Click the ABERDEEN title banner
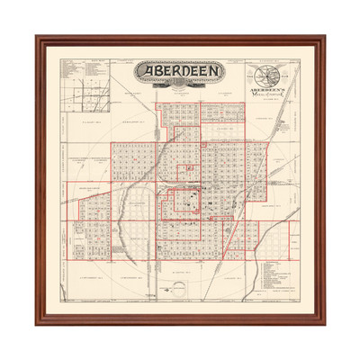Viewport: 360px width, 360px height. (180, 72)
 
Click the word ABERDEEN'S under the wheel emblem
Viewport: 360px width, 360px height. (271, 92)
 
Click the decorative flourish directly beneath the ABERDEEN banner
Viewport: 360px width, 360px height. (180, 88)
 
